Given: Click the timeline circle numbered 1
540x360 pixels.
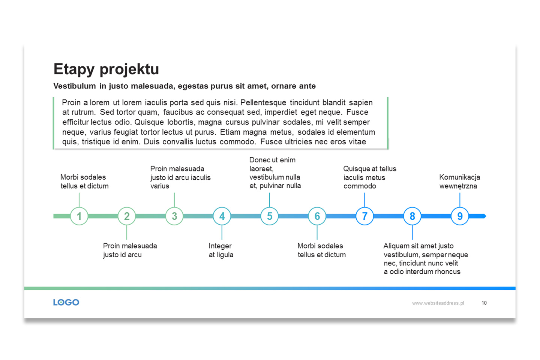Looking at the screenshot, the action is (x=79, y=216).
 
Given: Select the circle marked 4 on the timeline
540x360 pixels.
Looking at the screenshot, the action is (x=222, y=216).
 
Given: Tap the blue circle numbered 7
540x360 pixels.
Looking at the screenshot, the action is (x=364, y=216).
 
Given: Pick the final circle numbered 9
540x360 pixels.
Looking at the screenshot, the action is (x=460, y=216).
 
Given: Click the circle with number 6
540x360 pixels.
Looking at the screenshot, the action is (x=317, y=216).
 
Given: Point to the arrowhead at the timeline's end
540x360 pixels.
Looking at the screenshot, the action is (x=484, y=216).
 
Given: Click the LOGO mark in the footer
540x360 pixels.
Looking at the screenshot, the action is (x=66, y=302).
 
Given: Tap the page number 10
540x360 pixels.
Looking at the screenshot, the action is (x=484, y=303).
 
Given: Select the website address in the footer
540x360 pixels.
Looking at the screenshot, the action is (x=438, y=303).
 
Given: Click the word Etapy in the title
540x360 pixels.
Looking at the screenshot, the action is (x=74, y=70).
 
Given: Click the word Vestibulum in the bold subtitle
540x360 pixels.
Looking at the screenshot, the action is (x=75, y=86).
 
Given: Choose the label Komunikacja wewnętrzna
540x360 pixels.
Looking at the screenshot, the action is (x=459, y=181).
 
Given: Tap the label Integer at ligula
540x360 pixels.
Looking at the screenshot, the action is (x=221, y=250).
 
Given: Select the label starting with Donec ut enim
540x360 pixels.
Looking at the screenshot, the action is (x=275, y=173).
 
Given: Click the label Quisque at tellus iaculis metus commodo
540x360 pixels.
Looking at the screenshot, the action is (x=370, y=177).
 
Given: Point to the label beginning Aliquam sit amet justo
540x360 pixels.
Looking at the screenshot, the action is (x=426, y=259).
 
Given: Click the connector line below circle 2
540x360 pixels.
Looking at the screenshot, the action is (x=127, y=232).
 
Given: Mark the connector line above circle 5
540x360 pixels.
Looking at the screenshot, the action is (x=269, y=200).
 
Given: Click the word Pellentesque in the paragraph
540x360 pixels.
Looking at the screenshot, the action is (x=263, y=103).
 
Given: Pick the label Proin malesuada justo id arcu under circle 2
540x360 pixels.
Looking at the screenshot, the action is (x=130, y=250).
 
